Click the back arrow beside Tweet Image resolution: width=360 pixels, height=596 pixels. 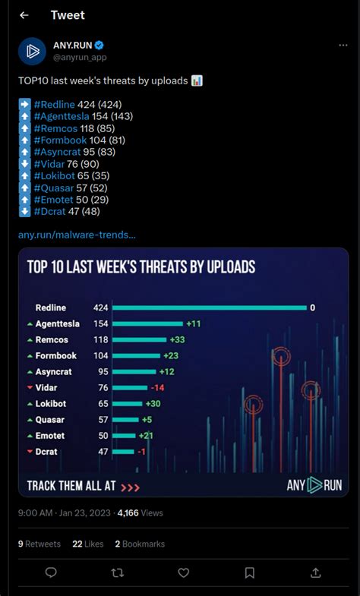(x=24, y=15)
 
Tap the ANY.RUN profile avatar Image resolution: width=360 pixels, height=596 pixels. (x=33, y=52)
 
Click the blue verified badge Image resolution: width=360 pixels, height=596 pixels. (x=99, y=46)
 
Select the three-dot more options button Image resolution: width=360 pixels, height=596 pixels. (x=343, y=46)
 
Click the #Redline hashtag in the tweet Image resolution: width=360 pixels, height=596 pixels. (x=55, y=104)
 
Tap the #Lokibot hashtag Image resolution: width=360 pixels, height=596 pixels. (x=55, y=175)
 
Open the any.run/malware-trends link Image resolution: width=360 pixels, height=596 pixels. (x=77, y=235)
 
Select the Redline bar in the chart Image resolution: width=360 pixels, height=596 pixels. (x=210, y=307)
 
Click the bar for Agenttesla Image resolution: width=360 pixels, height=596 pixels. (x=148, y=324)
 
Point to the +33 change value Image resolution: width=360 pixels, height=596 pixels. (x=177, y=339)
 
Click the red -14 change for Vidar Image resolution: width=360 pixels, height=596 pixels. (x=157, y=388)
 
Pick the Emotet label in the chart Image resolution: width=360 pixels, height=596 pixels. (x=50, y=436)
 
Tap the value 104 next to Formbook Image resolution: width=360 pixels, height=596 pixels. (x=101, y=356)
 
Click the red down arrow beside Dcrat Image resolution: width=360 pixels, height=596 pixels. (x=30, y=452)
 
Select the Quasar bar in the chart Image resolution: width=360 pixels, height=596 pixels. (x=125, y=420)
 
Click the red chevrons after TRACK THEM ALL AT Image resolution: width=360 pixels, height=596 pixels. (x=130, y=487)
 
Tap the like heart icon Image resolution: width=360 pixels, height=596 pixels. (x=184, y=572)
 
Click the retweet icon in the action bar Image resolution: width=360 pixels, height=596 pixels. (x=118, y=572)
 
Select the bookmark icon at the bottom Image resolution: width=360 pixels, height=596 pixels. (x=249, y=572)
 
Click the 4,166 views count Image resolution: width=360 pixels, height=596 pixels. (x=141, y=513)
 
